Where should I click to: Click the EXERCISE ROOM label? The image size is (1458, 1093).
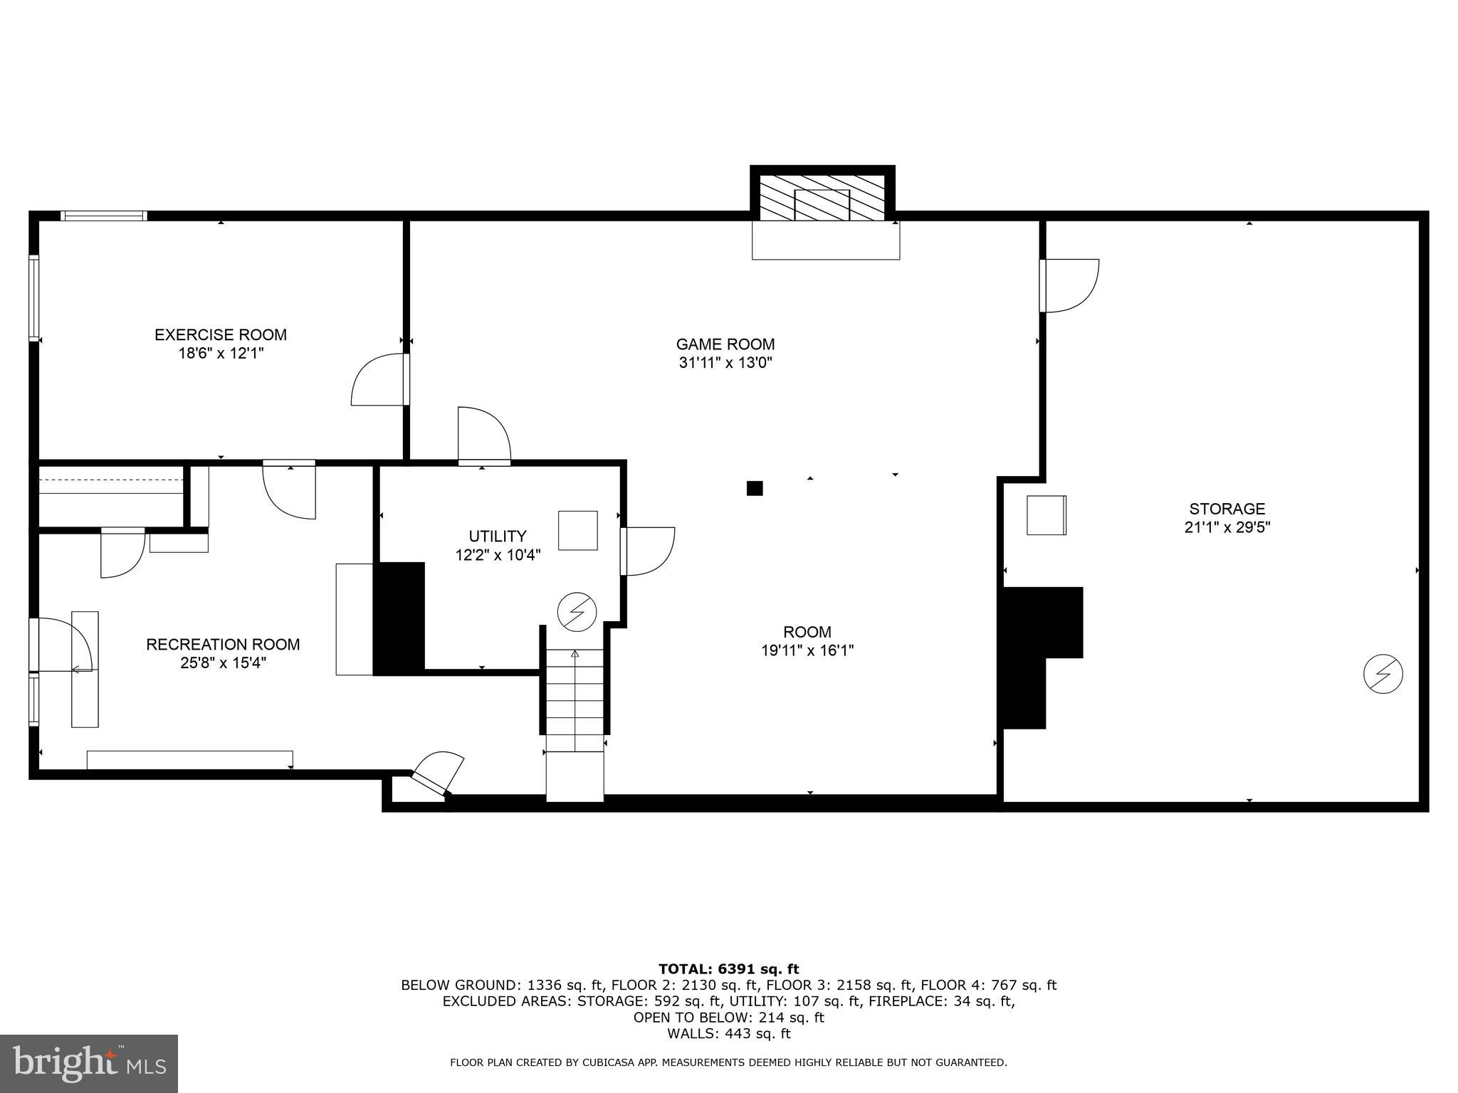point(221,334)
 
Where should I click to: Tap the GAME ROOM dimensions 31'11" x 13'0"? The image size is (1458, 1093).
point(725,363)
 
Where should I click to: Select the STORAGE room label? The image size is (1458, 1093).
point(1227,509)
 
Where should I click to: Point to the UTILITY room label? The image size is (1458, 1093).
point(498,536)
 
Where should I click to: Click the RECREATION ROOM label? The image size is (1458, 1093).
point(223,644)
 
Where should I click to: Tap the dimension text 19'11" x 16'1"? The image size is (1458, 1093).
point(807,650)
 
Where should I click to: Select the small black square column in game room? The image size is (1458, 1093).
point(755,488)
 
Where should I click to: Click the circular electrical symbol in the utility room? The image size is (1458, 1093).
point(577,611)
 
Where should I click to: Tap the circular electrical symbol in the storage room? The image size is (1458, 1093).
point(1383,674)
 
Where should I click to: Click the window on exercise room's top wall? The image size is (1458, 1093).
point(104,216)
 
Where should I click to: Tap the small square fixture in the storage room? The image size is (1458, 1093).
point(1046,515)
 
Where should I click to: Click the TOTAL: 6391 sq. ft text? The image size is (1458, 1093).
point(728,968)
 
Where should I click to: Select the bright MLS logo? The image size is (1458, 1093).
point(89,1063)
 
